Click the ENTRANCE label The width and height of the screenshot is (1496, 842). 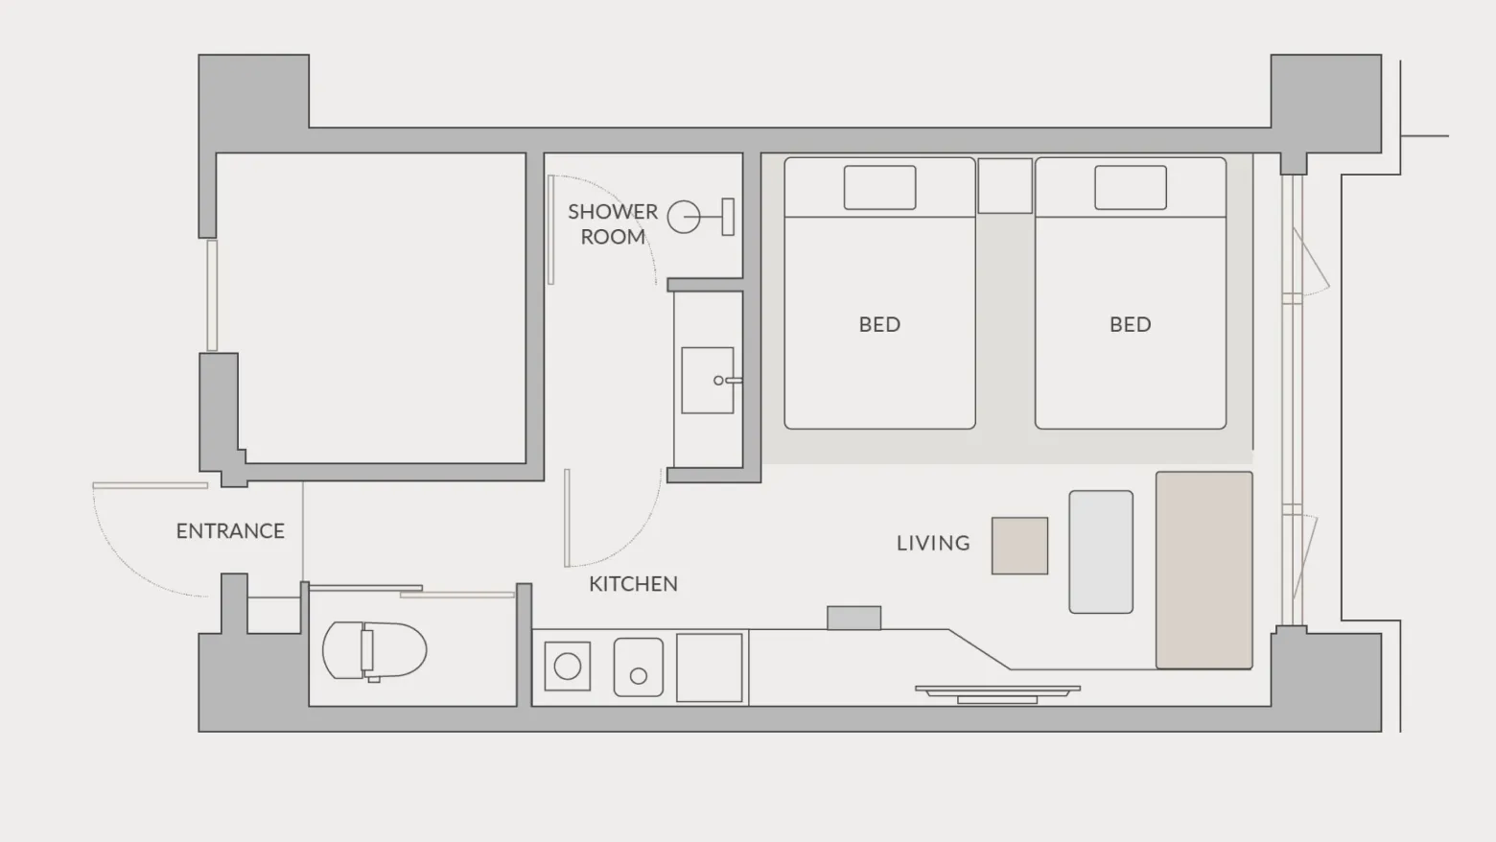(x=230, y=531)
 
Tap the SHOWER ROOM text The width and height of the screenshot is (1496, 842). (x=613, y=224)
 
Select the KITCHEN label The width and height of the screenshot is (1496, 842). (x=633, y=584)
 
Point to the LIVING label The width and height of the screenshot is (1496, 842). (x=933, y=544)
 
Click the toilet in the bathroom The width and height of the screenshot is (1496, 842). (x=375, y=651)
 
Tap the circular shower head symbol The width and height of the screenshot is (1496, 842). (x=684, y=217)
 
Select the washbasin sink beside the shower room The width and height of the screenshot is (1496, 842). (x=708, y=380)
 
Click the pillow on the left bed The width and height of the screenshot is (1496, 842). (x=879, y=188)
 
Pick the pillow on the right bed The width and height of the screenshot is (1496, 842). (x=1131, y=188)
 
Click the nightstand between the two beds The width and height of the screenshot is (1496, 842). (x=1005, y=186)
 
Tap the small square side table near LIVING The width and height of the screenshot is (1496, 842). (x=1019, y=546)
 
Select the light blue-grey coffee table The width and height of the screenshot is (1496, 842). (x=1101, y=552)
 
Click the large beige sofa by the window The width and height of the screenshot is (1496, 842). (x=1204, y=571)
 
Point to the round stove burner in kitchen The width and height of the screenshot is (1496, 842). (x=568, y=667)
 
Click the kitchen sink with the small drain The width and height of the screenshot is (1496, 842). (x=639, y=667)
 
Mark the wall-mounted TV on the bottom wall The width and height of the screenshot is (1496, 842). (x=997, y=694)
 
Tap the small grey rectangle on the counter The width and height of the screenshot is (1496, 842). (x=854, y=619)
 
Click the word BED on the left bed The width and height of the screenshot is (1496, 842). (x=879, y=325)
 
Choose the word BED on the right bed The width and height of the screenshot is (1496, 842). (x=1131, y=325)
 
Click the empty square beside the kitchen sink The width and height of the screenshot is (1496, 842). (x=710, y=667)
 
